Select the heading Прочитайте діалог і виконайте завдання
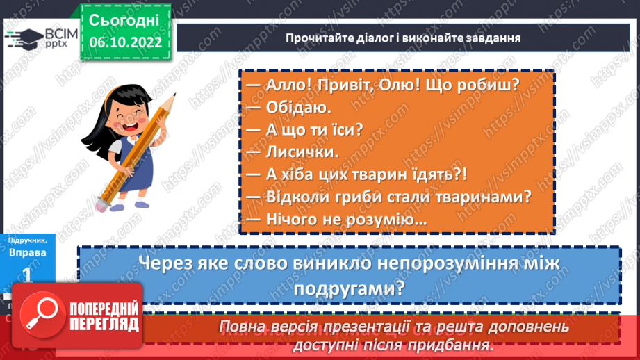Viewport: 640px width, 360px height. click(403, 37)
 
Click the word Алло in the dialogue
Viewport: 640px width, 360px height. click(283, 85)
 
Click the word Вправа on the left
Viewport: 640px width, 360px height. click(28, 253)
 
